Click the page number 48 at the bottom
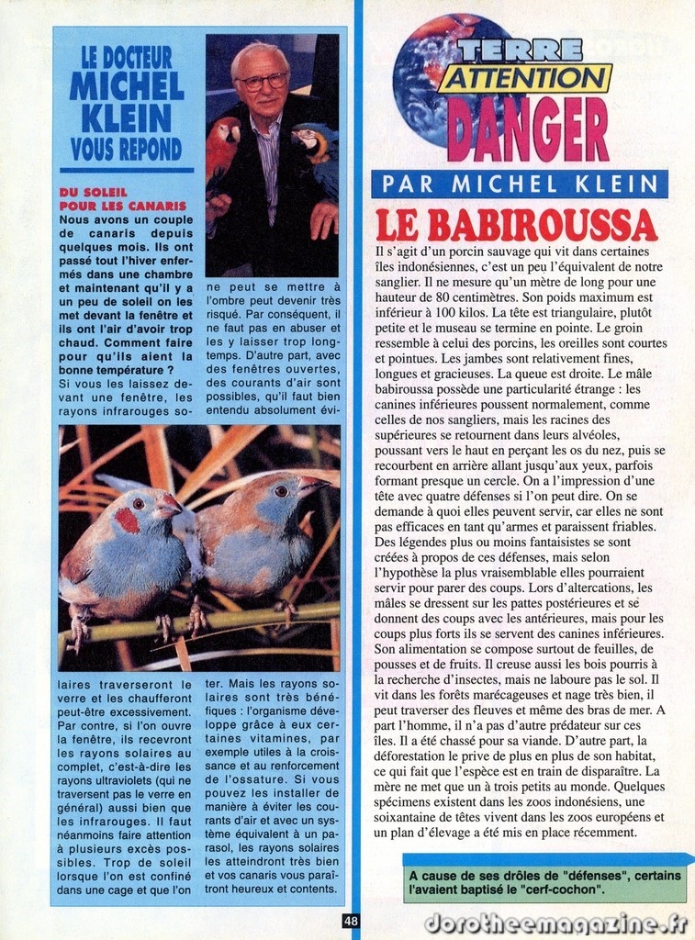tap(351, 921)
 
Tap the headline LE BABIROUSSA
tap(516, 225)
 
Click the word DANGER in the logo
tap(528, 130)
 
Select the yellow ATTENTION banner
tap(524, 79)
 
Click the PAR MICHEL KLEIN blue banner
tap(520, 184)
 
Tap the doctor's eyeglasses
tap(263, 82)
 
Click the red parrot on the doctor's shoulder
tap(222, 148)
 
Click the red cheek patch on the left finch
tap(127, 520)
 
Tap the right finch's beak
tap(314, 483)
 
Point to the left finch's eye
tap(139, 503)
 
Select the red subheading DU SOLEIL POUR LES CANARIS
tap(121, 200)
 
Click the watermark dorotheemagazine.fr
tap(556, 923)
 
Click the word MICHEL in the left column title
tap(127, 87)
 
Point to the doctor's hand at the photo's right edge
tap(324, 220)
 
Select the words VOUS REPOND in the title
tap(126, 150)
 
